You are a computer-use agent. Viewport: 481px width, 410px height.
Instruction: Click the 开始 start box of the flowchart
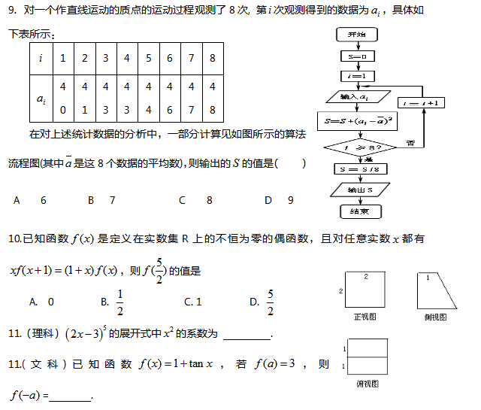point(357,35)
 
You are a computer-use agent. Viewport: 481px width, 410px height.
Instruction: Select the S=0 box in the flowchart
point(357,56)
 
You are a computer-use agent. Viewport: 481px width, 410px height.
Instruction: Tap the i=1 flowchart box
point(357,76)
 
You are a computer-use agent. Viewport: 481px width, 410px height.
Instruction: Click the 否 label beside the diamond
point(410,143)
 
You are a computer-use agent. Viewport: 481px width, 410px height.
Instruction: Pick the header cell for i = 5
point(149,59)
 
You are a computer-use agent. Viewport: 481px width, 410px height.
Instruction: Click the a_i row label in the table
point(41,98)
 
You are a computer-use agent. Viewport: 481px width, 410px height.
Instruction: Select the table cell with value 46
point(170,98)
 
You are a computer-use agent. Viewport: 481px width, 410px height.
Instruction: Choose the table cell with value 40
point(63,98)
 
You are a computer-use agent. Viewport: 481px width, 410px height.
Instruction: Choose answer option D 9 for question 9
point(279,200)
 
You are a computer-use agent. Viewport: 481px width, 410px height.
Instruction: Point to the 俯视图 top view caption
point(367,384)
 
